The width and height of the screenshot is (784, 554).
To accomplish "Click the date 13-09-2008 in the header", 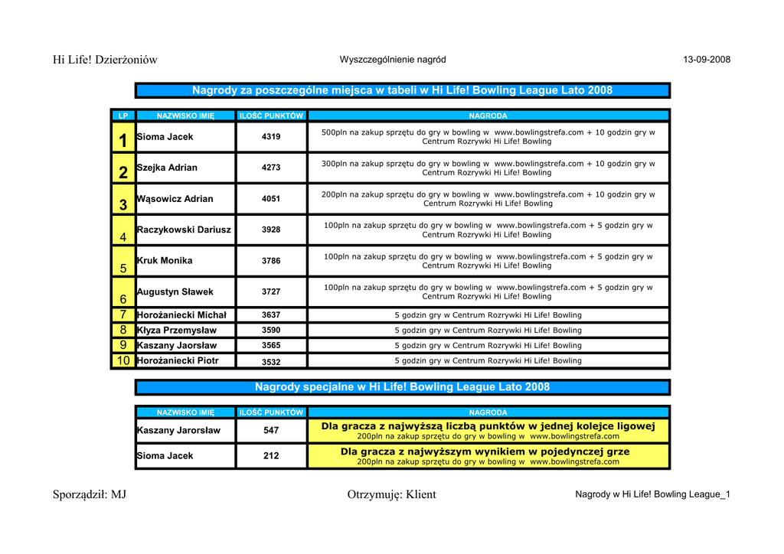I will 707,60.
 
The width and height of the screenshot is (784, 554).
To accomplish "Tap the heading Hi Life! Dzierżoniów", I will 105,60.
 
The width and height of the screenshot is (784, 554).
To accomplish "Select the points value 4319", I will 271,137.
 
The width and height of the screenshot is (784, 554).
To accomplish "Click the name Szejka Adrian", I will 167,168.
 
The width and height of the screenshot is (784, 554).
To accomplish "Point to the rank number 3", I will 123,205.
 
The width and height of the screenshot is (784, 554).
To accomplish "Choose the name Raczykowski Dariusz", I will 184,230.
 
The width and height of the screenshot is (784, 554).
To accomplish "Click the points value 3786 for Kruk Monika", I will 271,261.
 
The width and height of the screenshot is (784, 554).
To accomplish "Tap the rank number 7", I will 123,314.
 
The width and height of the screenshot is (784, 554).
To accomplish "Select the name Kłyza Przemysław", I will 177,331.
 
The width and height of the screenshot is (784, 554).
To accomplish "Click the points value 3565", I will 271,345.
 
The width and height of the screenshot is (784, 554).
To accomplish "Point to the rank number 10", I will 123,360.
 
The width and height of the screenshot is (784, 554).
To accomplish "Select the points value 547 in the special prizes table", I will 271,431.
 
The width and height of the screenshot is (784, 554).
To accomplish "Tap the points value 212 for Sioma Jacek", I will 271,456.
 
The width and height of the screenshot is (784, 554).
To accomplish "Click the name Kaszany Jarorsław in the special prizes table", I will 178,431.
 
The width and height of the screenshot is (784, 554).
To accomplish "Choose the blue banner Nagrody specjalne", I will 402,387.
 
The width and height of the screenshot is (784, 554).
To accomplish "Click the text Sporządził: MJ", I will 90,494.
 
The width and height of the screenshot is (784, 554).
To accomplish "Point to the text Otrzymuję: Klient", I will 391,494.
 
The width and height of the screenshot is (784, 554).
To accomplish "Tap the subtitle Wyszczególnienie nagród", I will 393,60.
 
